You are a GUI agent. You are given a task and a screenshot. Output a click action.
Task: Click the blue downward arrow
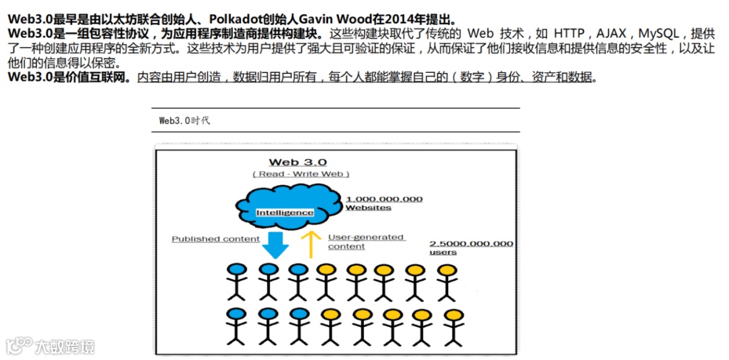click(x=275, y=244)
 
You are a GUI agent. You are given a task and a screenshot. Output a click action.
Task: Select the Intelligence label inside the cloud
click(x=285, y=213)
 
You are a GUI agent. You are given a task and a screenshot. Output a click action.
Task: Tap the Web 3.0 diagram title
click(x=298, y=162)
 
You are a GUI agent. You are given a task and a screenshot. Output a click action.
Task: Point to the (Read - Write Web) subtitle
click(x=301, y=174)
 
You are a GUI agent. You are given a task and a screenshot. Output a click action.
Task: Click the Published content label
click(x=215, y=239)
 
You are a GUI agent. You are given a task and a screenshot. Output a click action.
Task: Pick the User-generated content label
click(x=366, y=242)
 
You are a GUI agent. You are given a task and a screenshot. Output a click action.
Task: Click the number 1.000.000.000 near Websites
click(x=384, y=199)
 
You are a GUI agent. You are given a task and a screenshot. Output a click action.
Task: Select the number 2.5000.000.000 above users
click(x=471, y=243)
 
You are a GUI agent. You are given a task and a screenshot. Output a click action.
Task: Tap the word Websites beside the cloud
click(x=368, y=208)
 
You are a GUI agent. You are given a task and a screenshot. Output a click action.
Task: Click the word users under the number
click(x=443, y=253)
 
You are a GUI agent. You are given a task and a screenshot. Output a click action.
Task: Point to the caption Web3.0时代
click(x=184, y=121)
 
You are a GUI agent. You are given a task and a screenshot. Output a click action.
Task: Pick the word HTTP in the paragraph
click(x=568, y=33)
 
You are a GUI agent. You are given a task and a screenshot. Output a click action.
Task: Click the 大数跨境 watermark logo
click(x=51, y=346)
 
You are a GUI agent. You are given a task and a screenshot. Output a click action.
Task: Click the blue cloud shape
click(x=286, y=203)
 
